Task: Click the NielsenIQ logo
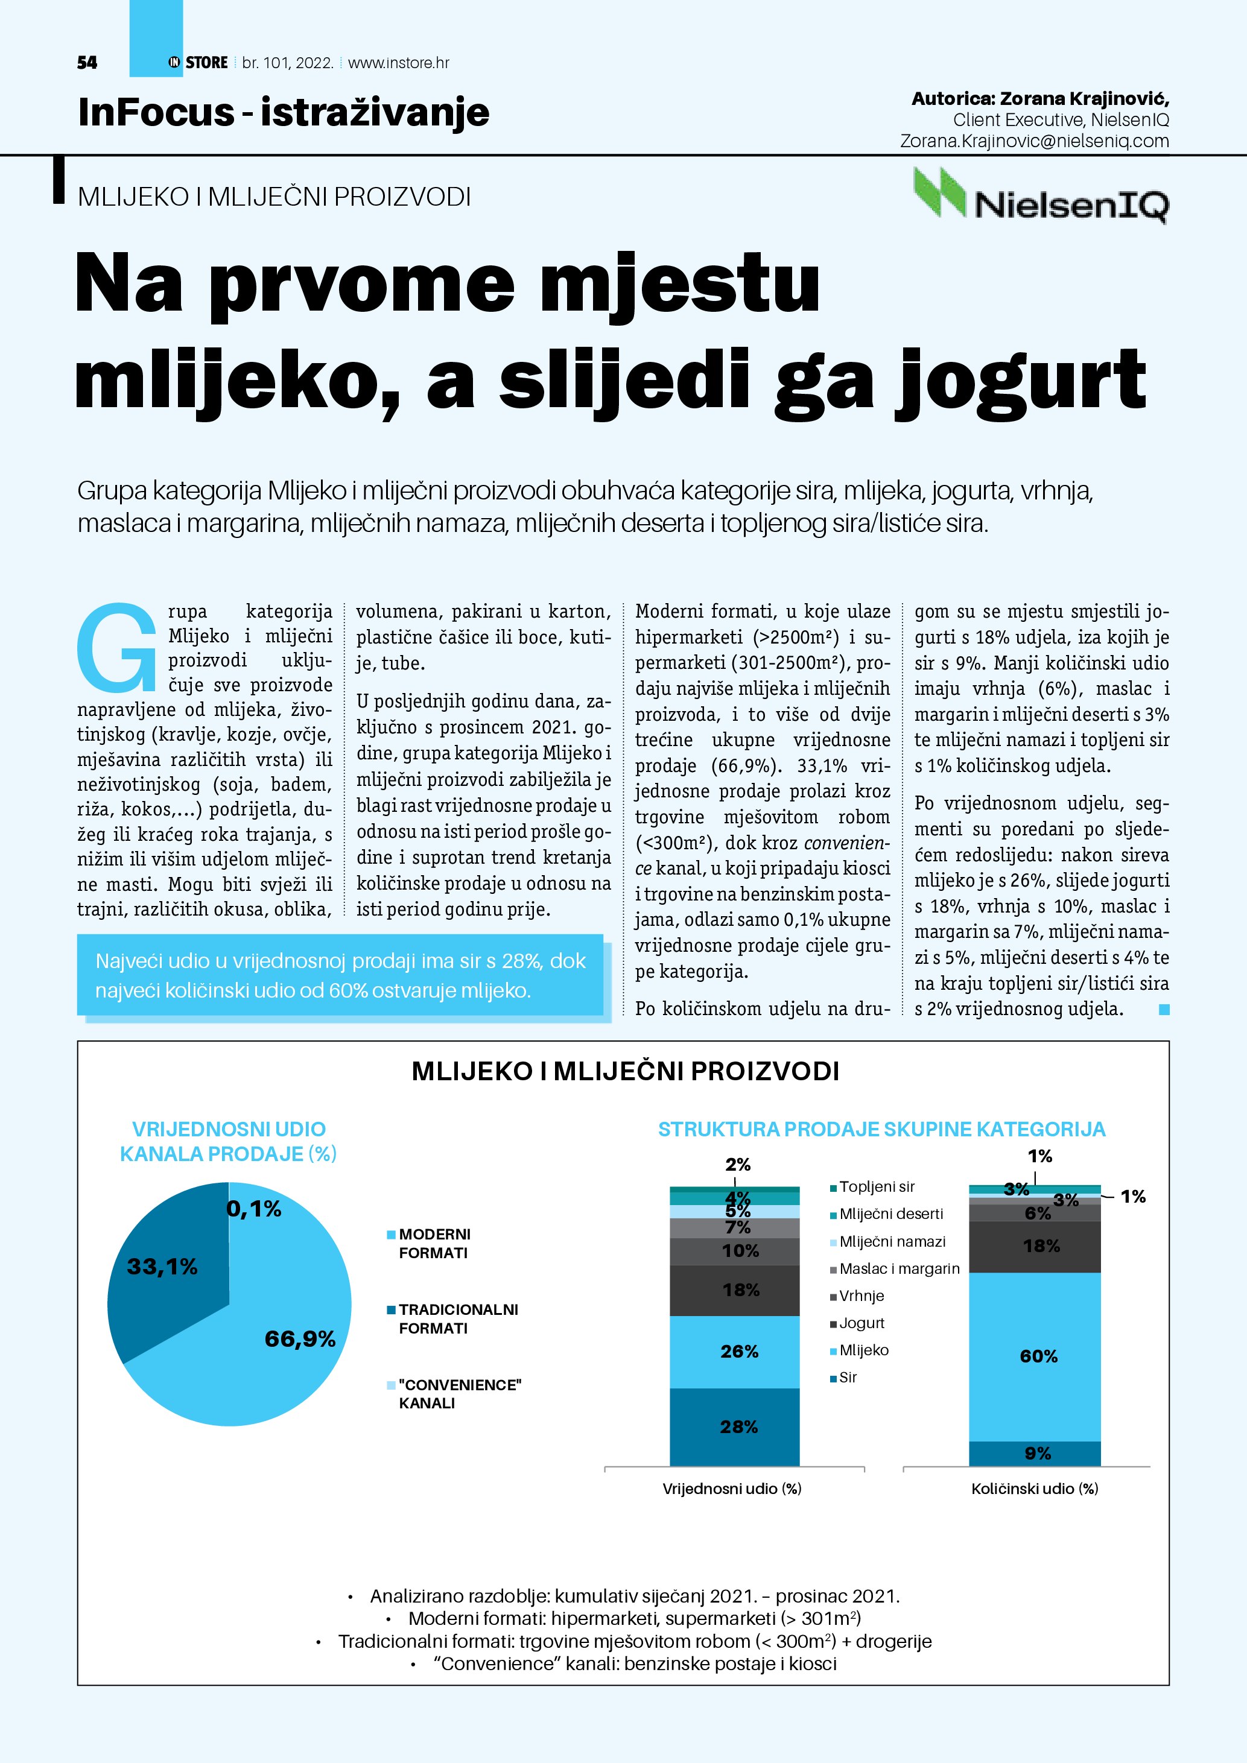tap(1041, 197)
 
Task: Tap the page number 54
tap(87, 63)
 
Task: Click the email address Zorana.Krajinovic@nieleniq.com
tap(1034, 141)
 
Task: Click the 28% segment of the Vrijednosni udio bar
tap(735, 1426)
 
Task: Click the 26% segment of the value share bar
tap(735, 1352)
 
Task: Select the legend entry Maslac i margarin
tap(898, 1268)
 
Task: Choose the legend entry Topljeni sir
tap(876, 1187)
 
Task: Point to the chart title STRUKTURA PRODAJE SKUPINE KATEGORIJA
tap(881, 1130)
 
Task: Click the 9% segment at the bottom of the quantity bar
tap(1035, 1453)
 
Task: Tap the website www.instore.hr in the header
tap(399, 63)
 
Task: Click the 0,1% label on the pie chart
tap(253, 1209)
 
